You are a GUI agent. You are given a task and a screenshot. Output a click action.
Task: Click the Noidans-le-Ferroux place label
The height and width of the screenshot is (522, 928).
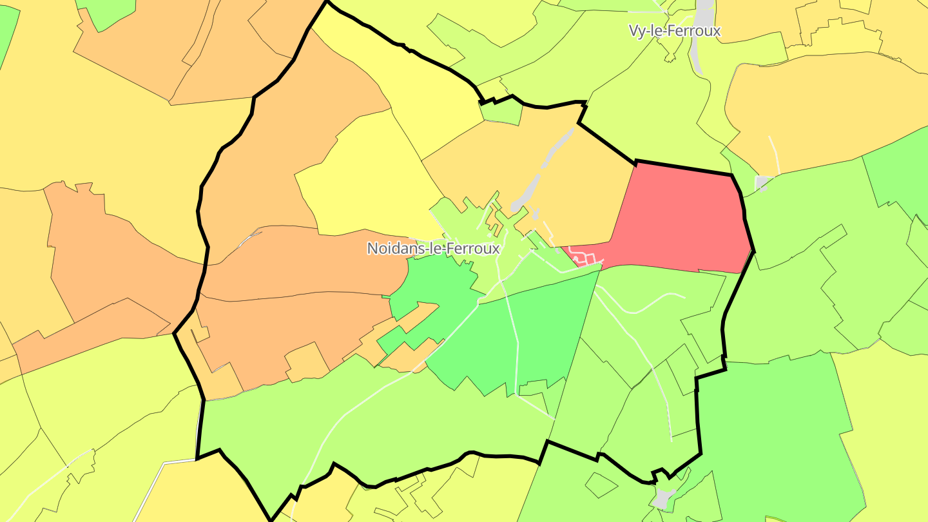pyautogui.click(x=433, y=248)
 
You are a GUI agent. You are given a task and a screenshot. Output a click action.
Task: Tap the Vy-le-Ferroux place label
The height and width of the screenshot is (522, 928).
pyautogui.click(x=674, y=30)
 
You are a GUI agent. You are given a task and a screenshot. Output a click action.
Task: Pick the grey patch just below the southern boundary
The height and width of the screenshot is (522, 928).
pyautogui.click(x=662, y=497)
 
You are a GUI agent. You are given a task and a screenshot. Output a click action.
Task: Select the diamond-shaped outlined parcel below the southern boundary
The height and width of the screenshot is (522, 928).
pyautogui.click(x=600, y=485)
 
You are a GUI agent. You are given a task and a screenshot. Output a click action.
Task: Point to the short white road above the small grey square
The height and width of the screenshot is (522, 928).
pyautogui.click(x=775, y=155)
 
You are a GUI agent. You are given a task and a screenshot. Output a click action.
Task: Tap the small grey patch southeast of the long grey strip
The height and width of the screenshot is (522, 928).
pyautogui.click(x=536, y=213)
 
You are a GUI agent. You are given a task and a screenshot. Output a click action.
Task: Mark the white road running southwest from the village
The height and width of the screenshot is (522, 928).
pyautogui.click(x=361, y=400)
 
